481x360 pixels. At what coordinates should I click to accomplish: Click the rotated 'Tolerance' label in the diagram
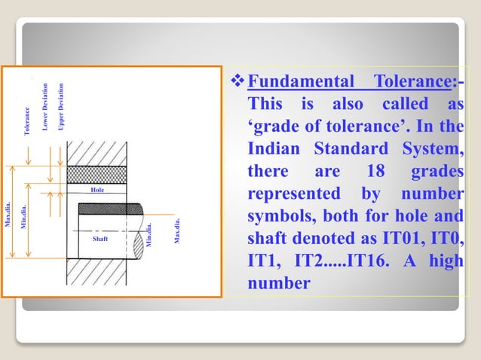coord(28,121)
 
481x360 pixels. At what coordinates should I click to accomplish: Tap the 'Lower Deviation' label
coord(46,106)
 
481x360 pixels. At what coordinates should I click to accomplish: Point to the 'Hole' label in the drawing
coord(97,191)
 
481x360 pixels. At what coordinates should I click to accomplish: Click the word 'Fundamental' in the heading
coord(301,81)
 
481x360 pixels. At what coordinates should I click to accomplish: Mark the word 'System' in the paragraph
coord(432,148)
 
